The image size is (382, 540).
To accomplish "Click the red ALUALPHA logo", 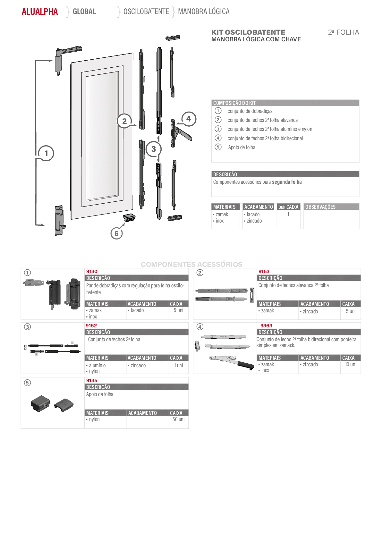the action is click(x=40, y=12).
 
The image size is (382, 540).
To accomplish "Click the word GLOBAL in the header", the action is click(x=84, y=12).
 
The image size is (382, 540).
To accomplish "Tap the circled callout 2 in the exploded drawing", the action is click(x=124, y=121).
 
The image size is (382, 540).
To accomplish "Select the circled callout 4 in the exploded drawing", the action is click(x=189, y=119).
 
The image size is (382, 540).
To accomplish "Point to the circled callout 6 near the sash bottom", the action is click(x=116, y=233).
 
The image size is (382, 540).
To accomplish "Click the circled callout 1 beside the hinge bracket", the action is click(x=46, y=153).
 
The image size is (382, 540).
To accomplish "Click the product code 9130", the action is click(x=92, y=272).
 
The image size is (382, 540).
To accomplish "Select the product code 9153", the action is click(x=264, y=272).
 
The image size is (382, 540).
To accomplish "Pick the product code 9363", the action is click(x=266, y=325).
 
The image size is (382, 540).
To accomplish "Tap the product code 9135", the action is click(x=92, y=380).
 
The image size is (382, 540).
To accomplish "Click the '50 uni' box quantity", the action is click(x=178, y=419).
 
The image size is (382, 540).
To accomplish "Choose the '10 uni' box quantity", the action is click(x=351, y=364).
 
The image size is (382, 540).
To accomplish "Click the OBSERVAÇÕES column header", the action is click(x=320, y=207).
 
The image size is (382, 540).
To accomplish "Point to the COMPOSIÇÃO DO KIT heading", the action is click(x=234, y=103).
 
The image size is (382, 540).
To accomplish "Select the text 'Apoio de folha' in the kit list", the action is click(x=242, y=147).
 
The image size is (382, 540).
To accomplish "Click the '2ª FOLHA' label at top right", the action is click(x=344, y=32).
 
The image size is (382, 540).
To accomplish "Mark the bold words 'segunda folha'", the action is click(x=287, y=182).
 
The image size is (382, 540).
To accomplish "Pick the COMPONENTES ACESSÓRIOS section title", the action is click(x=191, y=264).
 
